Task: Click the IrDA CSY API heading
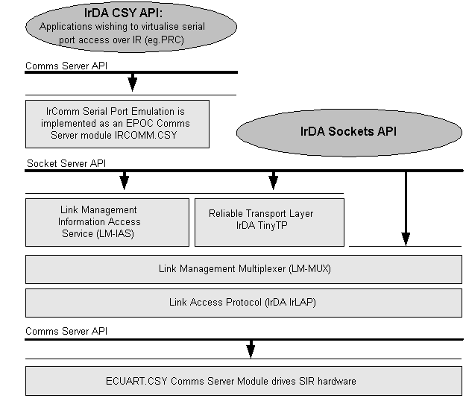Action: pos(123,13)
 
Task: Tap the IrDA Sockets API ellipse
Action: pos(349,133)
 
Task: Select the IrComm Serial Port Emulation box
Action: pos(117,124)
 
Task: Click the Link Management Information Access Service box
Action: pos(107,222)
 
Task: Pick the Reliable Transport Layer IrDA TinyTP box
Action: pos(270,222)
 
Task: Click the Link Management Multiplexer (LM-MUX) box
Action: pos(244,269)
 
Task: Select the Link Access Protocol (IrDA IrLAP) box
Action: pos(244,303)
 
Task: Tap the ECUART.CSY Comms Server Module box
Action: pos(244,381)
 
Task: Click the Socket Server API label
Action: pos(66,163)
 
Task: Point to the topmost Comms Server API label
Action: pos(66,66)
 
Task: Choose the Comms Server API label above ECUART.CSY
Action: pos(66,331)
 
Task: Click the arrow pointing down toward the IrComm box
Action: pos(133,82)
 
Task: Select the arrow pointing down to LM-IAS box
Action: pos(125,180)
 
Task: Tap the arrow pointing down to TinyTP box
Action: pos(274,180)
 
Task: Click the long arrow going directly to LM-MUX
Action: pos(406,209)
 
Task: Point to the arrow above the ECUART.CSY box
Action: pos(251,349)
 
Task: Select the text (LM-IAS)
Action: pos(116,234)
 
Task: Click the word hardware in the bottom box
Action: pos(337,381)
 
